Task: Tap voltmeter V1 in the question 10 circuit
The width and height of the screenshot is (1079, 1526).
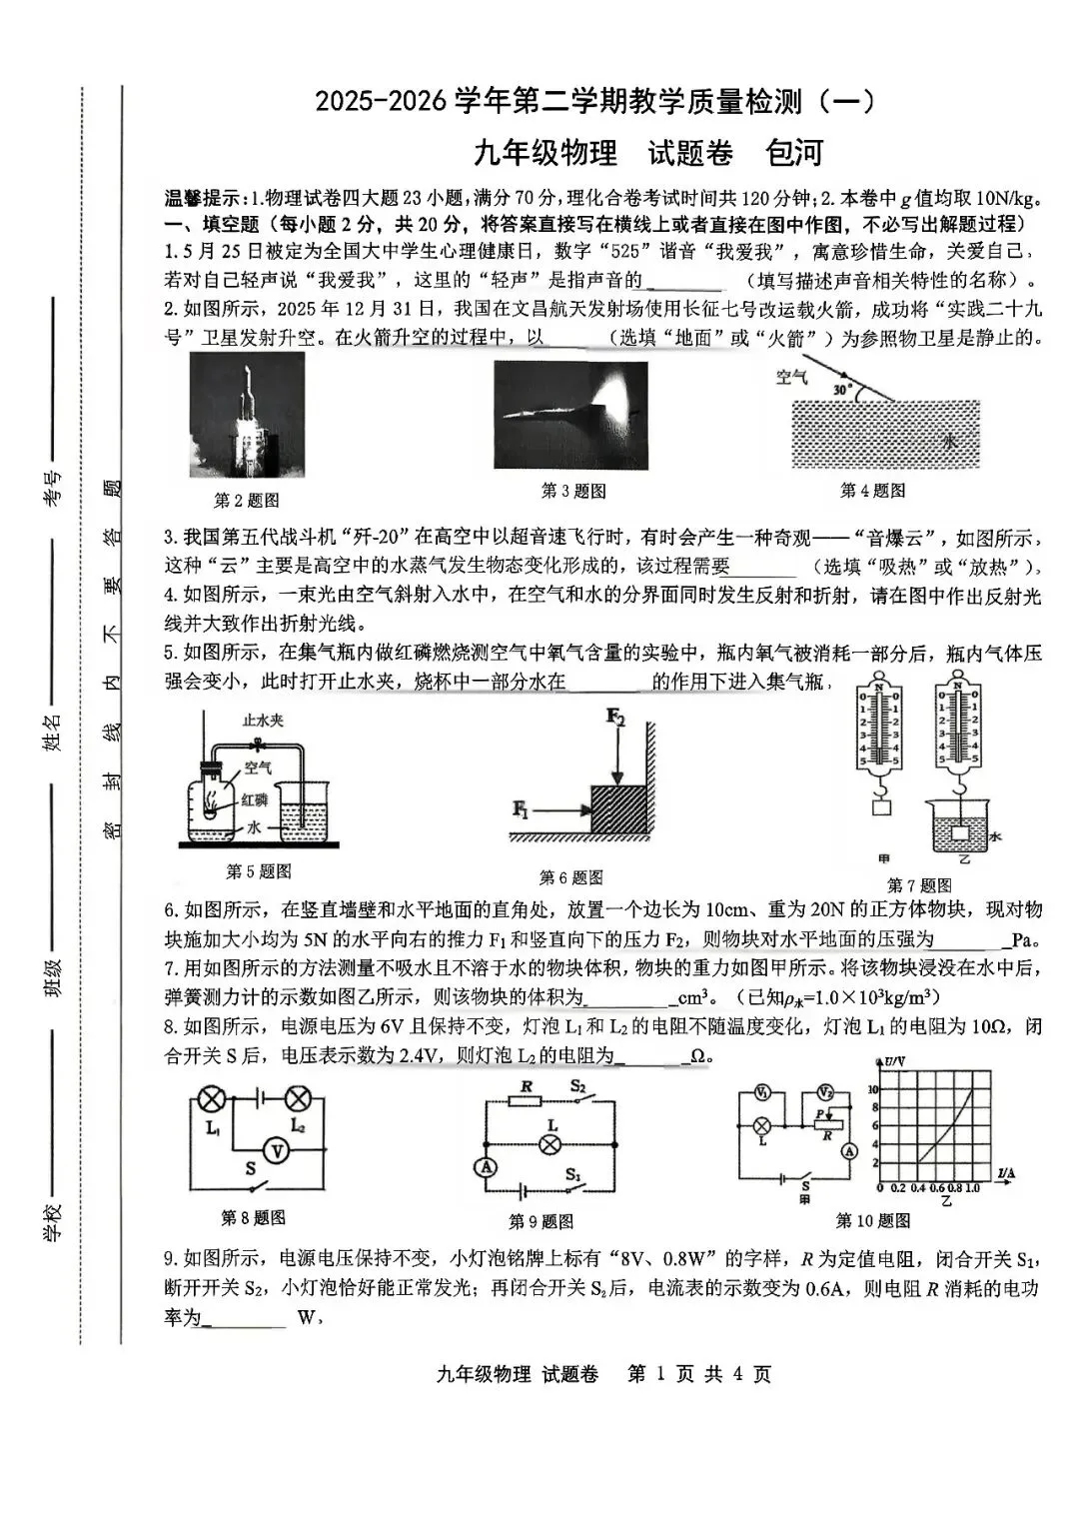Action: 761,1092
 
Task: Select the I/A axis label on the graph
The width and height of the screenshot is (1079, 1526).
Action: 1006,1170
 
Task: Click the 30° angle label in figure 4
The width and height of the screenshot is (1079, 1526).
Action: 841,389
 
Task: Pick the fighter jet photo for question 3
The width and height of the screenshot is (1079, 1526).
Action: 570,415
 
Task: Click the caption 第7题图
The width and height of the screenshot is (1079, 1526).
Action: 919,884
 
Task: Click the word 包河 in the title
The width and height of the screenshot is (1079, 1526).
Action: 793,153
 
